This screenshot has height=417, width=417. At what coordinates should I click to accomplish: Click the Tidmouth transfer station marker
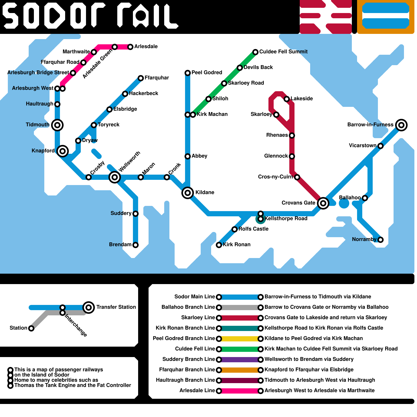pyautogui.click(x=57, y=125)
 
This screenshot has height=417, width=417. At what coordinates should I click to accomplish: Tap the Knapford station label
pyautogui.click(x=43, y=151)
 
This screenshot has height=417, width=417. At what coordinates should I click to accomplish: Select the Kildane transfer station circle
pyautogui.click(x=188, y=193)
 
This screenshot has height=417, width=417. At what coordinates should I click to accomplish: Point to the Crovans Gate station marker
pyautogui.click(x=323, y=203)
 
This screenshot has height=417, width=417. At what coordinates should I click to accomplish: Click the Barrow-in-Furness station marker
pyautogui.click(x=401, y=125)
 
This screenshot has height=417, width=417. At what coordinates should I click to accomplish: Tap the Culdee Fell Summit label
pyautogui.click(x=283, y=52)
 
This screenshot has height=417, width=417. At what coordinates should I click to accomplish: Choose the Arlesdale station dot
pyautogui.click(x=130, y=47)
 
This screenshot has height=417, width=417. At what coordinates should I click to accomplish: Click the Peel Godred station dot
pyautogui.click(x=188, y=73)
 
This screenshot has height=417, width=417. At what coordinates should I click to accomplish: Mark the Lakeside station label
pyautogui.click(x=302, y=99)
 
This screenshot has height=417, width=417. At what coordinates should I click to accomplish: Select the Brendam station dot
pyautogui.click(x=136, y=245)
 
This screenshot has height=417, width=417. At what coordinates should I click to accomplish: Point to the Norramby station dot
pyautogui.click(x=381, y=240)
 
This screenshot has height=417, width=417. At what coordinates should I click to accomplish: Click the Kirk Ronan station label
pyautogui.click(x=237, y=244)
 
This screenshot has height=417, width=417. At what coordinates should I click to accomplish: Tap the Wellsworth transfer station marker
pyautogui.click(x=115, y=177)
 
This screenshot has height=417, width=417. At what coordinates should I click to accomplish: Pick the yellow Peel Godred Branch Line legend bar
pyautogui.click(x=240, y=339)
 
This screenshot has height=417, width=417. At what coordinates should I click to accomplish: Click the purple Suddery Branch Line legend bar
pyautogui.click(x=240, y=359)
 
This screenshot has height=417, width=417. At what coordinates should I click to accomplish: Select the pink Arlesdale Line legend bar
pyautogui.click(x=240, y=391)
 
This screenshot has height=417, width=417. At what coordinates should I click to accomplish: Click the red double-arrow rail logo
pyautogui.click(x=326, y=17)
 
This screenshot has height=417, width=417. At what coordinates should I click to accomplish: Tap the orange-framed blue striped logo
pyautogui.click(x=386, y=17)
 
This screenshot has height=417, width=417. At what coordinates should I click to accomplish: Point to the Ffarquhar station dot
pyautogui.click(x=141, y=78)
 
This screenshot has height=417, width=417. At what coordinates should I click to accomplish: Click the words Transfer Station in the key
pyautogui.click(x=116, y=307)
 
